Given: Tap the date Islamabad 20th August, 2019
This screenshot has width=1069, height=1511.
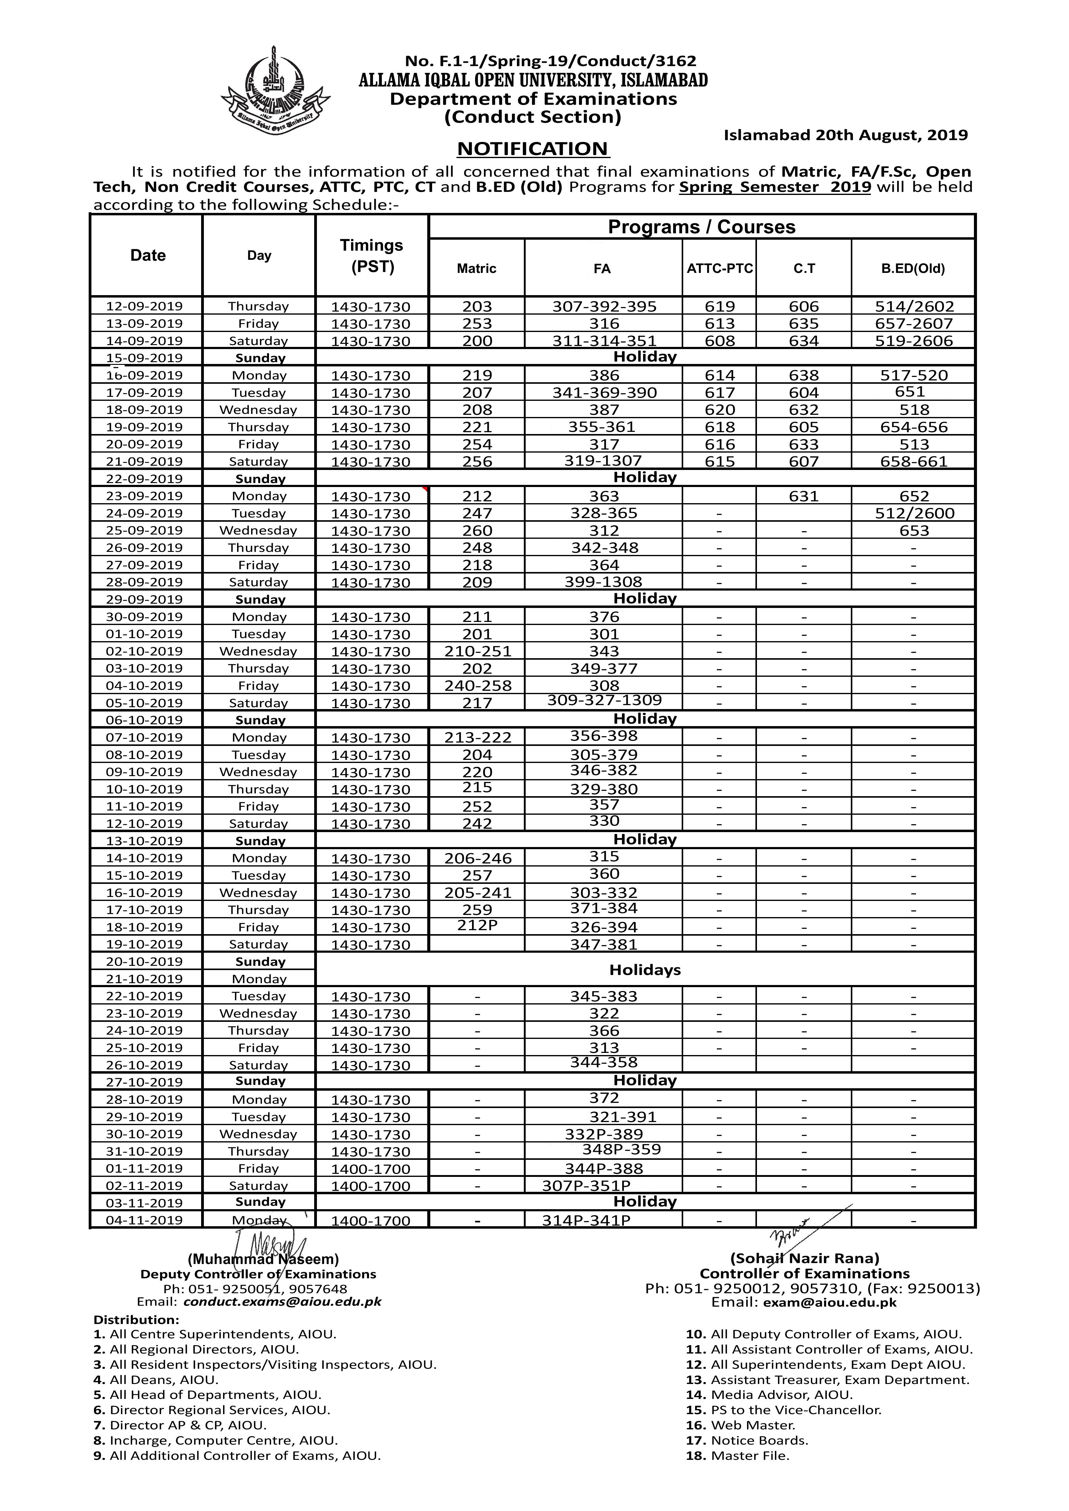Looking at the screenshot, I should [x=845, y=136].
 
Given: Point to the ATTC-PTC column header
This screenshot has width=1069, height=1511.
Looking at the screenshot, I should [x=719, y=269].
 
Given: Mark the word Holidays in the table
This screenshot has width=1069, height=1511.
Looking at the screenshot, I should [x=645, y=970].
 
